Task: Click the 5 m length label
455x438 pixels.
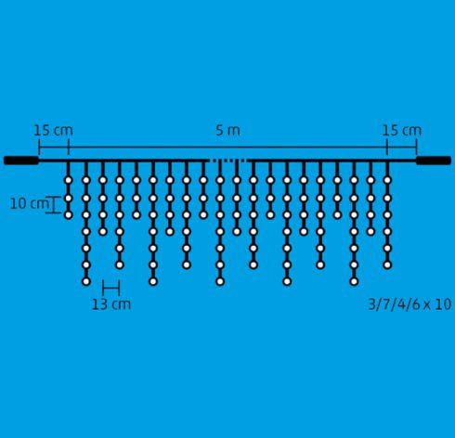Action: pyautogui.click(x=227, y=131)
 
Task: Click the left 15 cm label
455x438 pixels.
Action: pyautogui.click(x=53, y=131)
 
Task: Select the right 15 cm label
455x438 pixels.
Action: pyautogui.click(x=402, y=131)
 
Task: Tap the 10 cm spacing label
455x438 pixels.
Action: pyautogui.click(x=30, y=204)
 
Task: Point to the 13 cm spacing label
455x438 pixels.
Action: pyautogui.click(x=111, y=304)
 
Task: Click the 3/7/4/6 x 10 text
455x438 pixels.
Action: pyautogui.click(x=409, y=304)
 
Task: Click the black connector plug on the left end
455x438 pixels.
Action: pyautogui.click(x=21, y=161)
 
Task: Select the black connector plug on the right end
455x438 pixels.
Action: pyautogui.click(x=434, y=161)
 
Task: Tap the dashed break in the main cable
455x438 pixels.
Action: pyautogui.click(x=228, y=161)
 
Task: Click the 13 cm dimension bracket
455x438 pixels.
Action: pyautogui.click(x=111, y=288)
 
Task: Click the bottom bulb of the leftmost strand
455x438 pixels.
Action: pyautogui.click(x=69, y=214)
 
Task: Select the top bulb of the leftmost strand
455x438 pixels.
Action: pyautogui.click(x=69, y=180)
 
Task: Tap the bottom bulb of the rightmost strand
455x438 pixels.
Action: pyautogui.click(x=387, y=264)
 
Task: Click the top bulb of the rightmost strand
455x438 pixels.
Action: pyautogui.click(x=387, y=180)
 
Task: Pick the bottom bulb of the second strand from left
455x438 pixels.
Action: pyautogui.click(x=86, y=281)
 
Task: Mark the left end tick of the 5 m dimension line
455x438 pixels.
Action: pyautogui.click(x=39, y=147)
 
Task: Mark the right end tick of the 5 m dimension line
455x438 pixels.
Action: pyautogui.click(x=417, y=147)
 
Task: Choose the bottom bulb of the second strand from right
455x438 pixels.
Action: pyautogui.click(x=370, y=231)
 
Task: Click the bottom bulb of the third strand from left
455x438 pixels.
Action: pyautogui.click(x=103, y=231)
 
